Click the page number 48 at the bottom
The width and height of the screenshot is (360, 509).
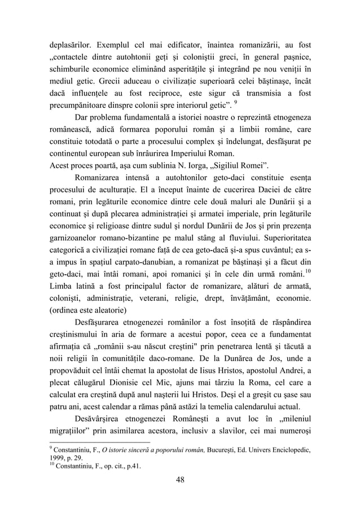(180, 480)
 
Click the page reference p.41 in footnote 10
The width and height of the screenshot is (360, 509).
(133, 466)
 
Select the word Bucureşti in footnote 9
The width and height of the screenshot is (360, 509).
(221, 448)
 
